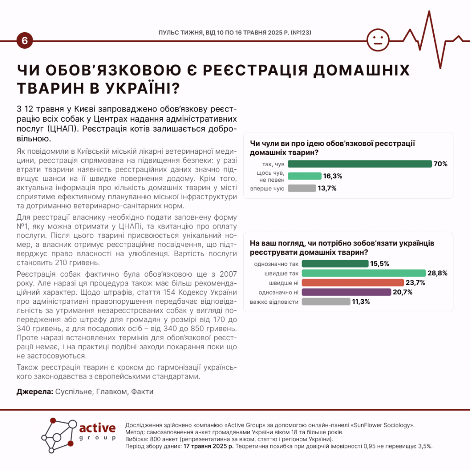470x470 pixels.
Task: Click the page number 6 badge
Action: pos(24,41)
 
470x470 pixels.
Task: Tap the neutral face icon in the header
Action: pos(378,40)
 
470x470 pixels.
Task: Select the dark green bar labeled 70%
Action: pos(359,164)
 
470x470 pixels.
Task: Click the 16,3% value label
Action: pos(333,176)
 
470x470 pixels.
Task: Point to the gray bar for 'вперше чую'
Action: pos(302,188)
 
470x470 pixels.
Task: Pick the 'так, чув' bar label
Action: pos(274,164)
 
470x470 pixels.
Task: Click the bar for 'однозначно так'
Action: pos(328,263)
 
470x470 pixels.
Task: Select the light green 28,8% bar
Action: pos(357,273)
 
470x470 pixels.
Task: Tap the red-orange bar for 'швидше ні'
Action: pos(346,283)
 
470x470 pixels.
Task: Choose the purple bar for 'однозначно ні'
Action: pos(339,292)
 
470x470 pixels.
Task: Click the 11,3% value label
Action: pos(360,302)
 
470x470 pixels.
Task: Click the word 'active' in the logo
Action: pos(97,428)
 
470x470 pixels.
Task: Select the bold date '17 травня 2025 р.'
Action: pos(208,446)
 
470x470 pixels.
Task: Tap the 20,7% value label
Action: pos(403,292)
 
